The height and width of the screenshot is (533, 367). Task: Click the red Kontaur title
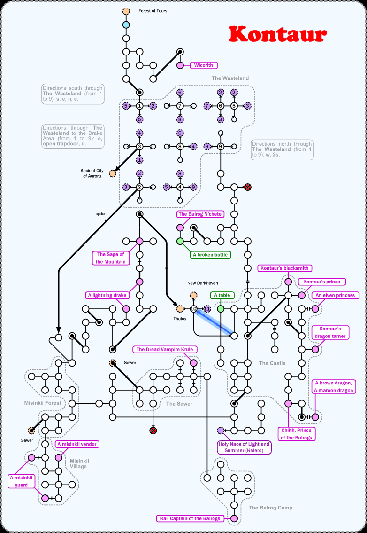click(278, 34)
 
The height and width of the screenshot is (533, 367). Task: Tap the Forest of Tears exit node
click(126, 11)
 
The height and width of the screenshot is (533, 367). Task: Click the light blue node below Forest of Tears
click(126, 24)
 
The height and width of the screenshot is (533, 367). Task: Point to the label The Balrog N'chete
click(199, 214)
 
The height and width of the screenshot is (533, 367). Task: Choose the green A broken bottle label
click(210, 255)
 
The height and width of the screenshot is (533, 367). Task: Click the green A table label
click(222, 295)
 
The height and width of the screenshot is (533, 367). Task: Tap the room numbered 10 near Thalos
click(193, 309)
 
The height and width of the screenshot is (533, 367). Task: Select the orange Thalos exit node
click(180, 309)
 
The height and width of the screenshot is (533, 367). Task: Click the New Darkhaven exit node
click(193, 295)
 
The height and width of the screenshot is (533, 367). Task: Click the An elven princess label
click(335, 295)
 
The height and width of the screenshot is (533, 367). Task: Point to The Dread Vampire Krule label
click(164, 349)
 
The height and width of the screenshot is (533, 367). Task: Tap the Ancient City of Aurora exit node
click(113, 173)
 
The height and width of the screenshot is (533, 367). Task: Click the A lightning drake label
click(107, 295)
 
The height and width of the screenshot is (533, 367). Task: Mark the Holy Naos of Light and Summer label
click(244, 447)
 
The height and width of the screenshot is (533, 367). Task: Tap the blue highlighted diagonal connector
click(214, 322)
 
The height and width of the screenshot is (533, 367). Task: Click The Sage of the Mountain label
click(111, 258)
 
